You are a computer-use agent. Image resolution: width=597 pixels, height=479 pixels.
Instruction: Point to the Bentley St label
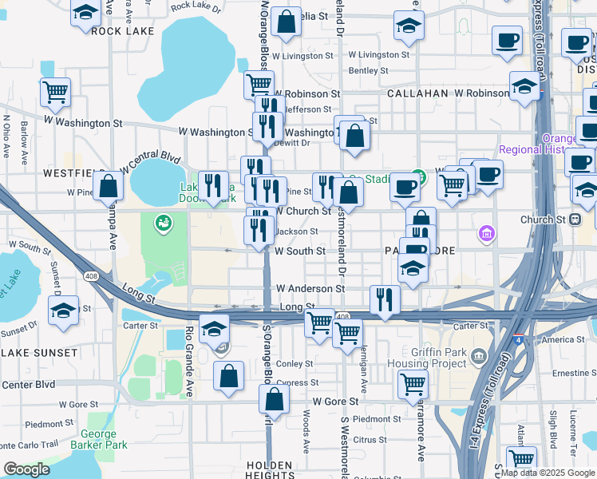(369, 70)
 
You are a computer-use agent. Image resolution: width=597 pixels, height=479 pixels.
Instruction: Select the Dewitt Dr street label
(292, 143)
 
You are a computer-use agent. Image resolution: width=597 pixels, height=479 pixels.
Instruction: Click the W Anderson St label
(310, 288)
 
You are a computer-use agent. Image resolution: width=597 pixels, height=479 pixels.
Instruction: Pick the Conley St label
(295, 363)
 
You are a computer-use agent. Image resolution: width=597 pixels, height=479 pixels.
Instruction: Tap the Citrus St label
(370, 439)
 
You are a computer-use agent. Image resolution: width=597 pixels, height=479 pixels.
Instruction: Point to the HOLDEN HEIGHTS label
(270, 471)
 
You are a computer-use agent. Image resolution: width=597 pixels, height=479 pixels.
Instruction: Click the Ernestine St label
(574, 373)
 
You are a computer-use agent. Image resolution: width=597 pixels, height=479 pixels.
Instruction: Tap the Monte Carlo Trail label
(30, 444)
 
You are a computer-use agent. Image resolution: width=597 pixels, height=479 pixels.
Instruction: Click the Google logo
(26, 469)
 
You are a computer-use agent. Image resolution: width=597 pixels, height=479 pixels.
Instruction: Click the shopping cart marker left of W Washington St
(55, 93)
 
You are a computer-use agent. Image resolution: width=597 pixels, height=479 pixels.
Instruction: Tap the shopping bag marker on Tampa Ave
(108, 186)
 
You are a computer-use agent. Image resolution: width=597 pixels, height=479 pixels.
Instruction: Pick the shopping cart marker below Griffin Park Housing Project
(413, 385)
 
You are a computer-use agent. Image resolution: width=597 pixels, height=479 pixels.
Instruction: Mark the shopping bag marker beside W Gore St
(274, 402)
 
